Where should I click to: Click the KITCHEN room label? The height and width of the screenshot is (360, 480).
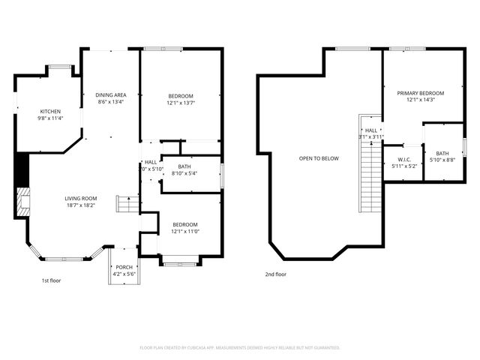click(50, 111)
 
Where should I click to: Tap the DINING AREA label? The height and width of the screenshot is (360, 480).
click(110, 94)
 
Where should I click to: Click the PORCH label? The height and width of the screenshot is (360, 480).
click(124, 267)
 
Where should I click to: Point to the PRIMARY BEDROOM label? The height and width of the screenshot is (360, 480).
click(420, 93)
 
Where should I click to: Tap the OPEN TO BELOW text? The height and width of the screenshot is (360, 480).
click(319, 158)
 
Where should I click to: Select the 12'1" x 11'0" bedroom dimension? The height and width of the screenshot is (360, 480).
click(185, 231)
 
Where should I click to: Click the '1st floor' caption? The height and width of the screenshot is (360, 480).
click(52, 280)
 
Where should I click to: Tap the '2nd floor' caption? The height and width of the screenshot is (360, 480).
click(275, 274)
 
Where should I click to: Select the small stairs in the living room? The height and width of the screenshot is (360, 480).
click(127, 204)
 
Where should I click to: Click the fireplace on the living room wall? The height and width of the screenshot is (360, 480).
click(22, 201)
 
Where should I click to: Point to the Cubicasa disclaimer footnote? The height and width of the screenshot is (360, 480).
click(240, 347)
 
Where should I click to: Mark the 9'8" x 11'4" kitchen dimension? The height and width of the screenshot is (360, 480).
click(50, 118)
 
